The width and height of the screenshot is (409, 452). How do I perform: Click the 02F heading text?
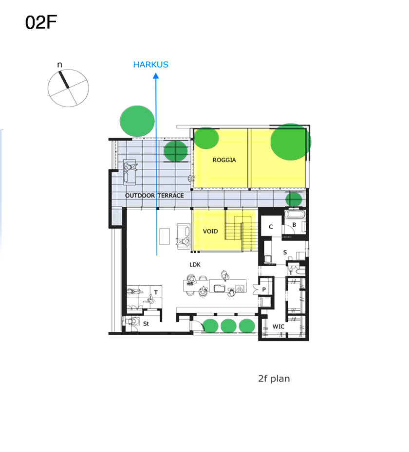pos(41,22)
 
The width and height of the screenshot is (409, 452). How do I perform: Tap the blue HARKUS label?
pos(150,65)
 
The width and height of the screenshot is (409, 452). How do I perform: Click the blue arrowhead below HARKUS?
pos(156,76)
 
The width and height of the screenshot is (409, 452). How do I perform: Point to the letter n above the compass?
pos(60,65)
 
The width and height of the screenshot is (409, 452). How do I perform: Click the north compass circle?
pos(68,88)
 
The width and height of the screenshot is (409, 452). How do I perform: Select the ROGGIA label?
pos(224,160)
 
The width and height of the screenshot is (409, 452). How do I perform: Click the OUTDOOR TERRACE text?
pos(154,196)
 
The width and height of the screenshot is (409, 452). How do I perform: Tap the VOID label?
pos(210,231)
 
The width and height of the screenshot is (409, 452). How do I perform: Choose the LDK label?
pos(195,264)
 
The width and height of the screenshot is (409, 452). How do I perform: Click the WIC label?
pos(279,326)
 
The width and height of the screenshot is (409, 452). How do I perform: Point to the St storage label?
pos(146,324)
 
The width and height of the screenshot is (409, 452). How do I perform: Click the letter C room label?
pos(271,227)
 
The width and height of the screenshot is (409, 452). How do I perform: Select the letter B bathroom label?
pos(294,225)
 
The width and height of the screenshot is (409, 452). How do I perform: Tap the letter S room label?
pos(285,253)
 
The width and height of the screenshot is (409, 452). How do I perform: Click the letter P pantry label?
pos(264,289)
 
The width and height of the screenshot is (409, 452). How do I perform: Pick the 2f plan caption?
pos(274,379)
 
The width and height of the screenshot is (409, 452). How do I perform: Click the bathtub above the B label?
pos(295,214)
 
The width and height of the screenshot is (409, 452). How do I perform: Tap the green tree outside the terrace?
pos(137,121)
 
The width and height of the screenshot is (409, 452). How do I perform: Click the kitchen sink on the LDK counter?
pos(219,288)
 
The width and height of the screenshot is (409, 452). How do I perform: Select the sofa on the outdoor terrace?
pos(130,172)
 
